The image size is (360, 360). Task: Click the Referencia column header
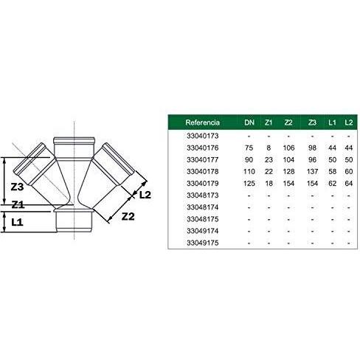(202, 122)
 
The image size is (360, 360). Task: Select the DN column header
(249, 122)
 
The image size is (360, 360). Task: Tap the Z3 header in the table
(312, 122)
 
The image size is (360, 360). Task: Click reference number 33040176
(202, 148)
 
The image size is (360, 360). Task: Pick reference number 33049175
(202, 243)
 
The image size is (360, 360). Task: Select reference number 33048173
(202, 195)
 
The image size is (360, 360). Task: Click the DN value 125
(249, 184)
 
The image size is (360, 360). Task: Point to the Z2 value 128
(288, 172)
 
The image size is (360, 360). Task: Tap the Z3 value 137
(312, 172)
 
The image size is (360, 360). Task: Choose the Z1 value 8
(269, 148)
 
